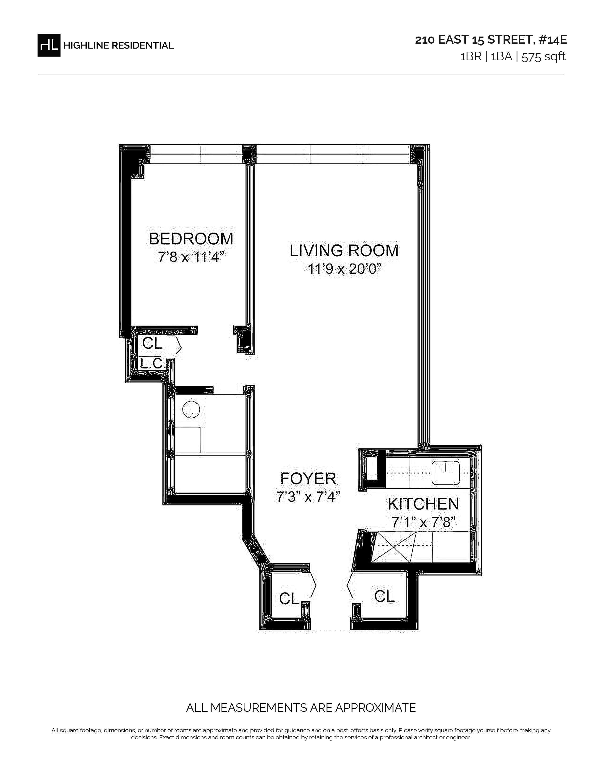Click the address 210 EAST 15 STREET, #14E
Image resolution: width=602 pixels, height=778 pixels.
tap(491, 40)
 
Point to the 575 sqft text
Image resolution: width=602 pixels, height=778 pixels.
tap(543, 57)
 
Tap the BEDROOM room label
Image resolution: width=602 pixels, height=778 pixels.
tap(191, 239)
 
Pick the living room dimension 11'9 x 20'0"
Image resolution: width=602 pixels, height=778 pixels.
tap(342, 269)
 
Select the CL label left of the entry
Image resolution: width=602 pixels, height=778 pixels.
tap(289, 599)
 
